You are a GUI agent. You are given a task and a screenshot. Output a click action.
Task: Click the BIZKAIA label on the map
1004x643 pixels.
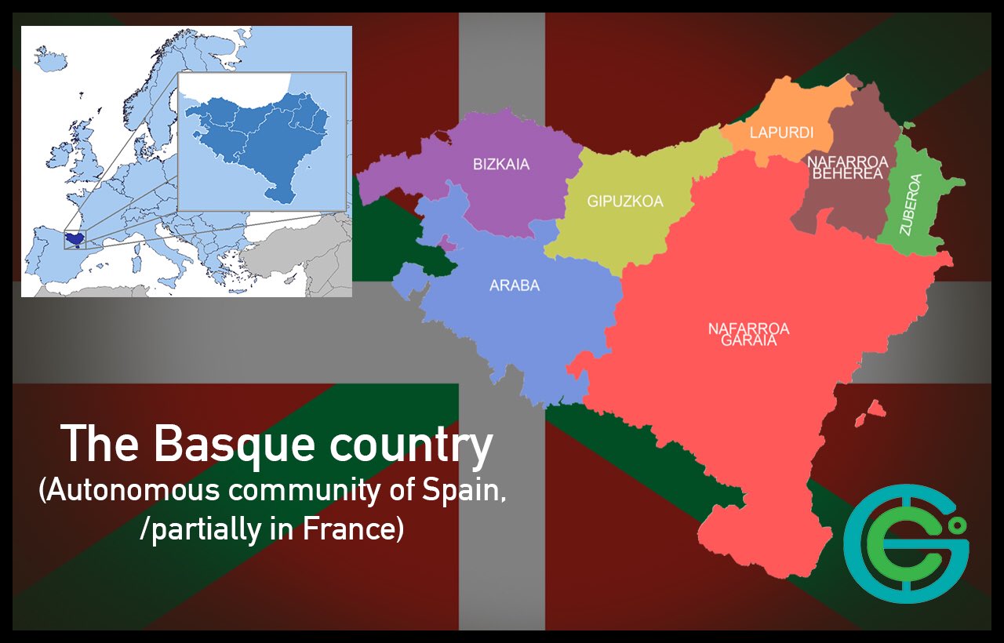coord(501,165)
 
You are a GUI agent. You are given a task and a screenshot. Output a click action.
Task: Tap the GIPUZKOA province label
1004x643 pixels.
coord(625,202)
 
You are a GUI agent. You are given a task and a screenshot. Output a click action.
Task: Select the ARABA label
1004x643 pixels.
coord(515,285)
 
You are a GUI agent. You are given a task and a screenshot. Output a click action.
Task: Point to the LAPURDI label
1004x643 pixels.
coord(781,133)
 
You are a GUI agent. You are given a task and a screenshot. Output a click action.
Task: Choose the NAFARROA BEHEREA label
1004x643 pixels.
coord(847,168)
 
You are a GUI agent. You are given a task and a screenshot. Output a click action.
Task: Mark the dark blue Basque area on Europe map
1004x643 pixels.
coord(75,238)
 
